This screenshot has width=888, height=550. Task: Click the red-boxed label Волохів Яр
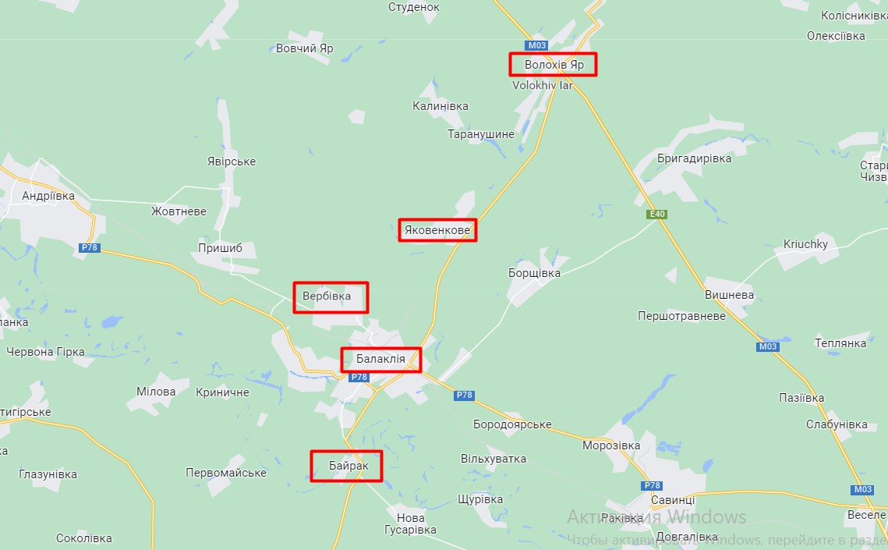pyautogui.click(x=554, y=65)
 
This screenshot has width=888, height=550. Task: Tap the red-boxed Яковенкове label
pyautogui.click(x=437, y=230)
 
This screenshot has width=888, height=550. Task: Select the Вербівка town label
pyautogui.click(x=327, y=296)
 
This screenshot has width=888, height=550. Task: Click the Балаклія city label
pyautogui.click(x=380, y=360)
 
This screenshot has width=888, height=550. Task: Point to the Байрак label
pyautogui.click(x=346, y=466)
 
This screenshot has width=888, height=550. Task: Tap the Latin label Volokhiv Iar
pyautogui.click(x=542, y=85)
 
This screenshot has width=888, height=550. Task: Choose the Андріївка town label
pyautogui.click(x=48, y=196)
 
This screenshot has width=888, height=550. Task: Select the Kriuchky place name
pyautogui.click(x=805, y=244)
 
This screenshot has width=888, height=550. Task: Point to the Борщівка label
pyautogui.click(x=534, y=274)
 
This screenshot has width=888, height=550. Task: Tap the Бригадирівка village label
pyautogui.click(x=695, y=158)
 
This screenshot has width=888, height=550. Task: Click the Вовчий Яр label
pyautogui.click(x=304, y=48)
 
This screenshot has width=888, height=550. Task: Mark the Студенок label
pyautogui.click(x=414, y=7)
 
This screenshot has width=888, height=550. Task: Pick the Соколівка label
pyautogui.click(x=84, y=538)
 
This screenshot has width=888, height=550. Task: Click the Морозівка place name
pyautogui.click(x=611, y=445)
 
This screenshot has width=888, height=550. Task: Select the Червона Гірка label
pyautogui.click(x=45, y=352)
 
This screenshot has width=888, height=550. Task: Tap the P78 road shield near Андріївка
pyautogui.click(x=90, y=248)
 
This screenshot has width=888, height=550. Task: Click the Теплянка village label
pyautogui.click(x=840, y=342)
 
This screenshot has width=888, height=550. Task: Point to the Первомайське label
pyautogui.click(x=226, y=473)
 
